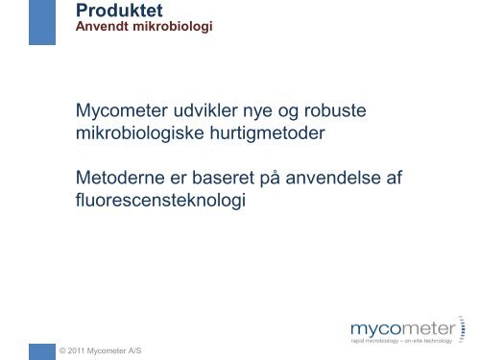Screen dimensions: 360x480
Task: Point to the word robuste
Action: click(x=335, y=113)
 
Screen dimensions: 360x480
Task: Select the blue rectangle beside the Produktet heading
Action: click(x=41, y=22)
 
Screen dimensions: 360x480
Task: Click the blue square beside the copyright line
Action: click(x=41, y=350)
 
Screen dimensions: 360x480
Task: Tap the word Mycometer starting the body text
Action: click(x=119, y=113)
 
